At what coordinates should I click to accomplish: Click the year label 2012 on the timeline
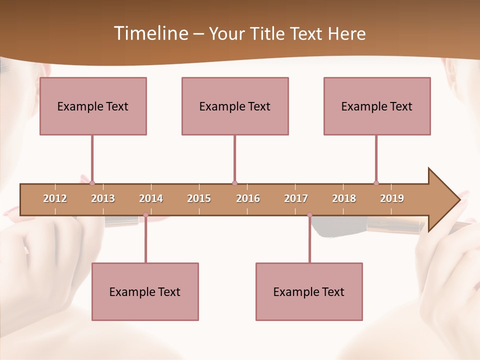55,198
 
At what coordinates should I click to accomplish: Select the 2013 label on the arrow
103,198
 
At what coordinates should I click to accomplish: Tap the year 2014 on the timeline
151,198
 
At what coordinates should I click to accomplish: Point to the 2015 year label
199,198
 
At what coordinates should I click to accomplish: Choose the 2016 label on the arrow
248,198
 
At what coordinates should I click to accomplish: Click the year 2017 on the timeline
296,198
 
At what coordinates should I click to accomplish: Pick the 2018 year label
344,198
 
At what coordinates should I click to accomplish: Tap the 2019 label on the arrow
392,198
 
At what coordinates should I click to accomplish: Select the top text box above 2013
93,106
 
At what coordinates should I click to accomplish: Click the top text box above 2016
235,106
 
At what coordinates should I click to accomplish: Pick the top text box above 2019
377,106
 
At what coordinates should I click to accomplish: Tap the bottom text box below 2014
145,291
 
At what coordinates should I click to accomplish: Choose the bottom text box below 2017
309,291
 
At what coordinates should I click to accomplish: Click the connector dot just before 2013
92,183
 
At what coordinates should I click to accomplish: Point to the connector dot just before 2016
234,183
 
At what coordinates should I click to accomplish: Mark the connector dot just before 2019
376,183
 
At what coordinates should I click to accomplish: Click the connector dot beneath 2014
145,215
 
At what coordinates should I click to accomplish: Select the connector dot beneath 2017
309,215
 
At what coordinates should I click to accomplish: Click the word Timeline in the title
150,33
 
